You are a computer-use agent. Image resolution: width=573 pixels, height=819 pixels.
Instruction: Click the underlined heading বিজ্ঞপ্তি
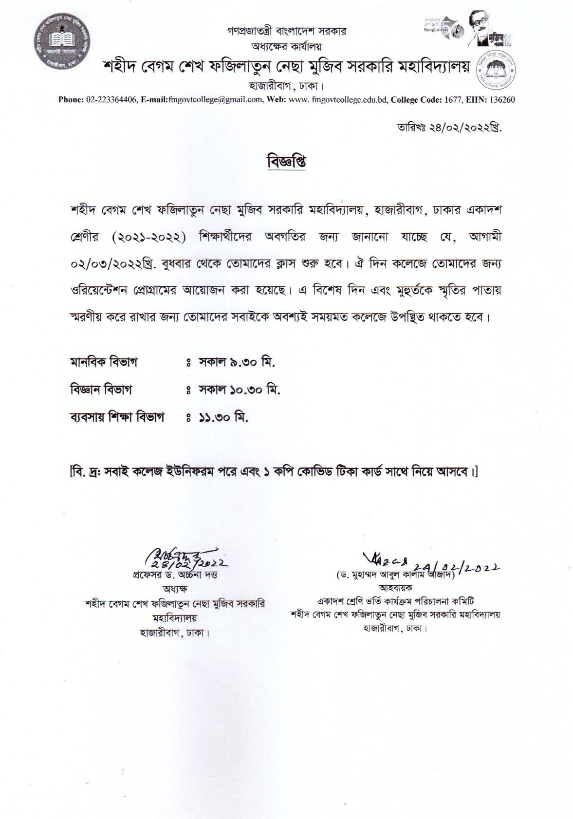tap(286, 162)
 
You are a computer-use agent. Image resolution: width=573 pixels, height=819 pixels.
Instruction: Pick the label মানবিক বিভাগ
tap(104, 363)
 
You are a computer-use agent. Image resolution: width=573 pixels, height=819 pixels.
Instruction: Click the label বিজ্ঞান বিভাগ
tap(101, 390)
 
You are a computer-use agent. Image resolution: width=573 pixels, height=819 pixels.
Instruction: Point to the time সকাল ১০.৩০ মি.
tap(239, 390)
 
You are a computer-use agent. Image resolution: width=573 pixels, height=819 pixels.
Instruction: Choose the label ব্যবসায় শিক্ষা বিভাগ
tap(117, 417)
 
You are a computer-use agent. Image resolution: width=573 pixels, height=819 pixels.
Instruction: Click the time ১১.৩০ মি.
tap(223, 417)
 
